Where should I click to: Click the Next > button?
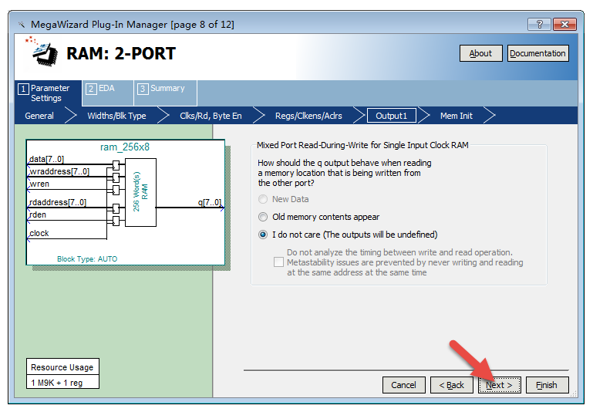(x=499, y=385)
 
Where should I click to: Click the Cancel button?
(x=403, y=385)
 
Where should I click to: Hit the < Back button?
(x=452, y=385)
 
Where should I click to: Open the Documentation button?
(x=537, y=53)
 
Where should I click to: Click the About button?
(x=480, y=53)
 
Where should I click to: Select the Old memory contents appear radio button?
(x=263, y=217)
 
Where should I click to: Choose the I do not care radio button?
(x=263, y=235)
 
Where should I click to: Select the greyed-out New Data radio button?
(x=263, y=199)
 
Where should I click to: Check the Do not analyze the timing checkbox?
(x=278, y=262)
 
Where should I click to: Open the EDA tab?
(x=107, y=93)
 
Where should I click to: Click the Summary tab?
(x=165, y=93)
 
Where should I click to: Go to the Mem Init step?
(x=456, y=116)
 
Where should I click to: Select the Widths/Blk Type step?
(x=116, y=116)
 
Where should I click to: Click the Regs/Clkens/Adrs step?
(x=308, y=116)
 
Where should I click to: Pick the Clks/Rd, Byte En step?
(x=211, y=116)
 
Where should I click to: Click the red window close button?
(x=564, y=25)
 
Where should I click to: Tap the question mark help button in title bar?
(x=540, y=25)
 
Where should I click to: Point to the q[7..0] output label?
(x=210, y=202)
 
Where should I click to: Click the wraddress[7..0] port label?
(x=59, y=172)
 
